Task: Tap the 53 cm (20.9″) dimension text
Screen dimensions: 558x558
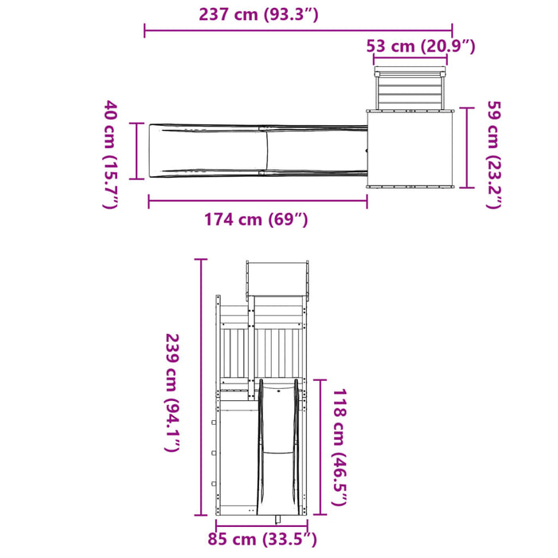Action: tap(421, 45)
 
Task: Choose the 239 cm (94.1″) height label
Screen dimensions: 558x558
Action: tap(171, 391)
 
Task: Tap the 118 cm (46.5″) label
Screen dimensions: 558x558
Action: tap(340, 446)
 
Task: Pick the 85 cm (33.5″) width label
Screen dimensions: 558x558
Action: tap(262, 540)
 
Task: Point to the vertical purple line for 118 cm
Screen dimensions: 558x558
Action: tap(320, 446)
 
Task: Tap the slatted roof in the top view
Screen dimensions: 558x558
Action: tap(408, 88)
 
